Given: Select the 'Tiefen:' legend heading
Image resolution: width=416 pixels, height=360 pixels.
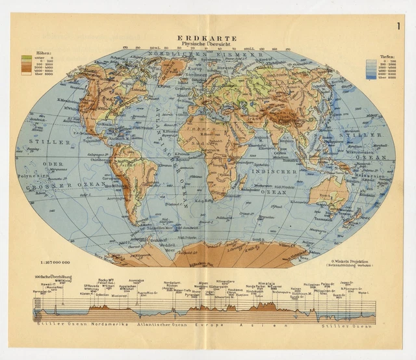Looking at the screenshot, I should coord(378,56).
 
